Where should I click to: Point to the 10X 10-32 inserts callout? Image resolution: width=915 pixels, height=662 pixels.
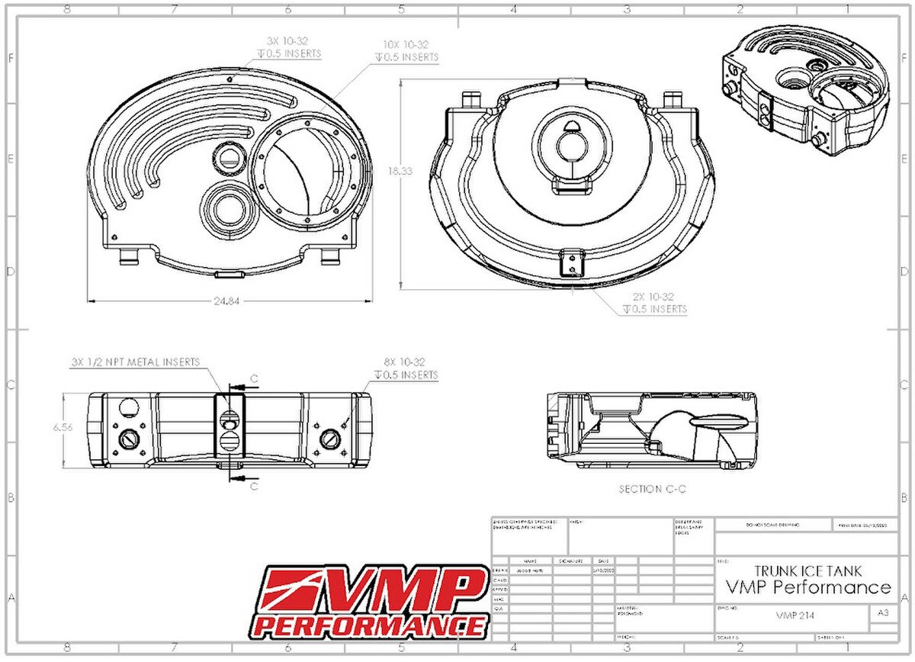406,50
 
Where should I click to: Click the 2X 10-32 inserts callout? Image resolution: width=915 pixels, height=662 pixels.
653,303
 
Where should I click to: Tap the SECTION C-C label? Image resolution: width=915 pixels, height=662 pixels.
651,489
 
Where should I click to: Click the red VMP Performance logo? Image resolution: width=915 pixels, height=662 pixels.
371,601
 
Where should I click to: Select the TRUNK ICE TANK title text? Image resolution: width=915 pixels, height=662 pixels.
809,570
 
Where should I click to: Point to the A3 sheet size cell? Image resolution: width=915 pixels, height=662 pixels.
882,612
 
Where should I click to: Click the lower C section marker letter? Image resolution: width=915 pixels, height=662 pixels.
254,485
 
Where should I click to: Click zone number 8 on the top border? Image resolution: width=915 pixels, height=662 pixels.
67,9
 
